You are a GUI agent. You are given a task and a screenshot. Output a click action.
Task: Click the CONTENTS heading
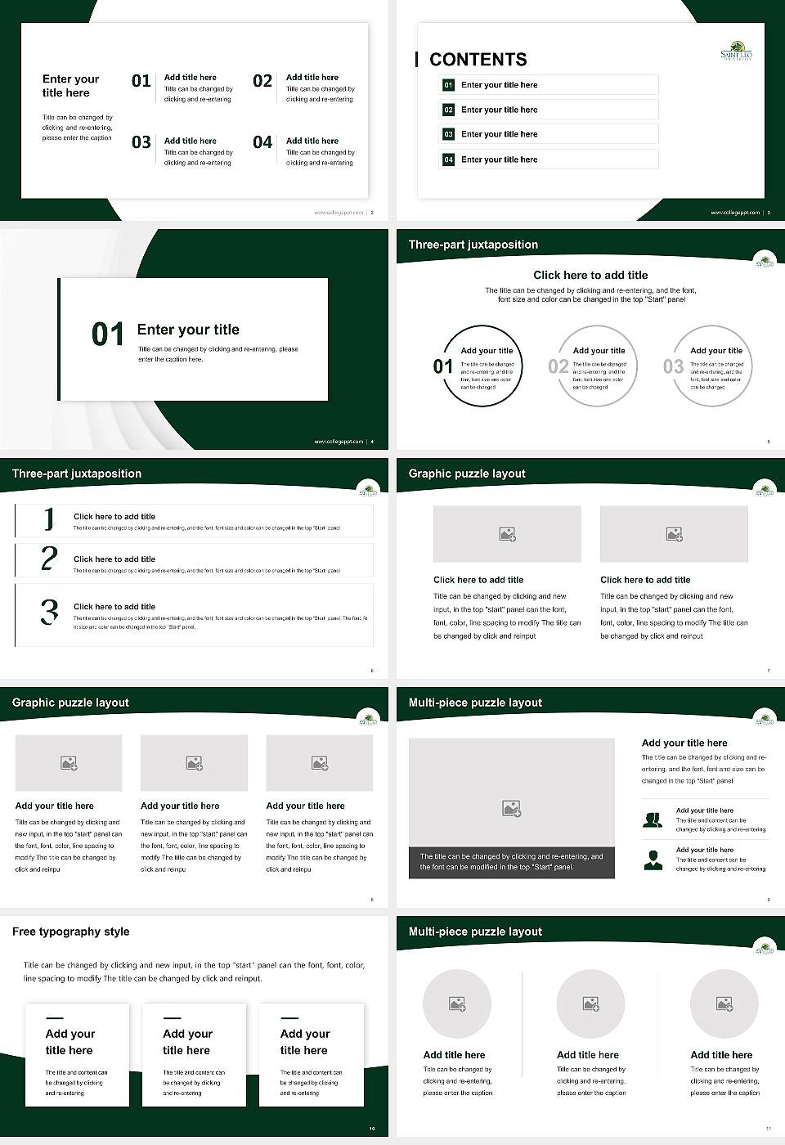click(x=478, y=59)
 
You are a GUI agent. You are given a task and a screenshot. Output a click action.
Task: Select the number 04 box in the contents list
click(x=448, y=159)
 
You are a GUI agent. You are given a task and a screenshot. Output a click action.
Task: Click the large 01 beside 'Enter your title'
click(x=108, y=335)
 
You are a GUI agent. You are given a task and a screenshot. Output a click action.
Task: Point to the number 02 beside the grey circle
click(x=558, y=366)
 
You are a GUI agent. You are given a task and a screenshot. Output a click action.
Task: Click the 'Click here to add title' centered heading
click(x=590, y=275)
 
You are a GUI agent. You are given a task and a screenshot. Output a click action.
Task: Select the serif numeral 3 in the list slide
click(x=49, y=612)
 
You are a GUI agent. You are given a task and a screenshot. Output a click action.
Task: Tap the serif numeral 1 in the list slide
click(x=49, y=519)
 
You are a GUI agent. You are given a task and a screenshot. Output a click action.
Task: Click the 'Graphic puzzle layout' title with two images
click(x=467, y=474)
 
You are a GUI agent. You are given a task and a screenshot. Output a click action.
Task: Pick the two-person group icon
click(x=653, y=819)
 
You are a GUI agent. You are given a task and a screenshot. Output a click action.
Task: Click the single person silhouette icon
click(x=653, y=860)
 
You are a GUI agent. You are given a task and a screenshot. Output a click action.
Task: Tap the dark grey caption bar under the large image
click(x=511, y=862)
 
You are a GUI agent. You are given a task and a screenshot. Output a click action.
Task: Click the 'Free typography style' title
click(x=71, y=932)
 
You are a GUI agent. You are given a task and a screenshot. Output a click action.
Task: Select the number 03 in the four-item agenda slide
click(x=141, y=142)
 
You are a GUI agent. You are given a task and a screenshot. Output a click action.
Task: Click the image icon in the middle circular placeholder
click(x=590, y=1004)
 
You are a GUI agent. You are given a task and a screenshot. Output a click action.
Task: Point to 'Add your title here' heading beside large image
click(x=684, y=743)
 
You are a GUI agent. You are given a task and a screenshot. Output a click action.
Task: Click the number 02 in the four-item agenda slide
click(x=262, y=81)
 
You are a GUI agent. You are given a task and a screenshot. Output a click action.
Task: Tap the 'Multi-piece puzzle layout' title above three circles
click(x=475, y=932)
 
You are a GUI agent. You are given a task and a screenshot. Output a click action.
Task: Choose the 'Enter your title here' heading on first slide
click(x=71, y=86)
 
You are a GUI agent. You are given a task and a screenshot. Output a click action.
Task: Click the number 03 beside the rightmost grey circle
click(x=673, y=366)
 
